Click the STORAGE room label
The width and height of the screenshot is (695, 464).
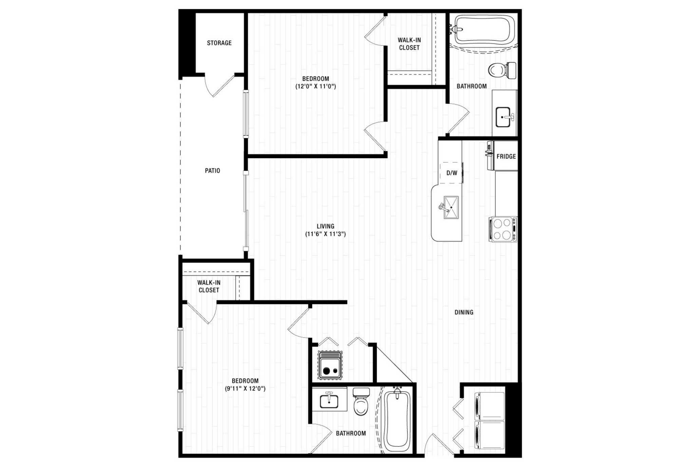point(219,43)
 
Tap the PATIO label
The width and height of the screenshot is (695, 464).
point(212,171)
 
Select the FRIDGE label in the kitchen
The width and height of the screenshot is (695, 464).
point(506,156)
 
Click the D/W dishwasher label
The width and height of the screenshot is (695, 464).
point(452,173)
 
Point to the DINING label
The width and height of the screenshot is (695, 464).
point(464,312)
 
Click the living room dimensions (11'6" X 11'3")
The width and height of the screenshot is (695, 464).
point(325,234)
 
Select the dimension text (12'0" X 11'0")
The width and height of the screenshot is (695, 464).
point(316,86)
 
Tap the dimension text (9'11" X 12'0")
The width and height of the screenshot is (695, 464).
point(245,388)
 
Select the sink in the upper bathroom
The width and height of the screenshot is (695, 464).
point(503,117)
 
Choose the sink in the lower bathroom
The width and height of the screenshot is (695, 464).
point(329,401)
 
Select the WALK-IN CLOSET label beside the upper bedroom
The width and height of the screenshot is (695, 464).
point(409,44)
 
